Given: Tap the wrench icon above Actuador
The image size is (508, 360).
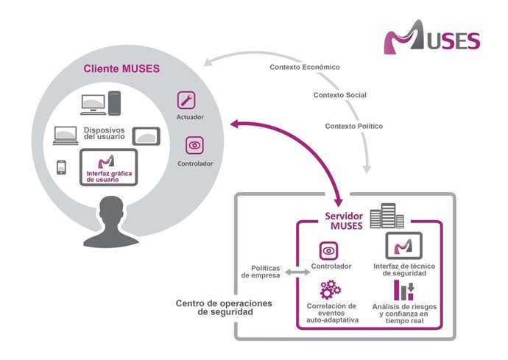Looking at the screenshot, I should [x=186, y=101].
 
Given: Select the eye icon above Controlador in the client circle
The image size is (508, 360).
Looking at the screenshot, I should [x=194, y=145].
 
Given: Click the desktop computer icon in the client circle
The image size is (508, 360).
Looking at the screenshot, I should [x=100, y=104].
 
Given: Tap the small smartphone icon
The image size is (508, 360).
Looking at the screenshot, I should [x=63, y=166].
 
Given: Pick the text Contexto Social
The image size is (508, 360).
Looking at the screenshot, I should [x=339, y=95].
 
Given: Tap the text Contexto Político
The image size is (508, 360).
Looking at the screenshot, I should [x=353, y=126].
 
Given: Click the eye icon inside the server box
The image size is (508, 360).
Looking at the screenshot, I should [x=328, y=250].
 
